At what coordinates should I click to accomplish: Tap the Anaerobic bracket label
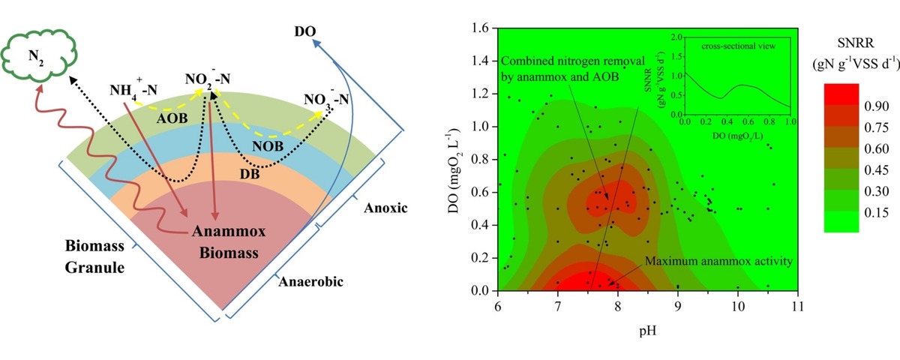tap(304, 281)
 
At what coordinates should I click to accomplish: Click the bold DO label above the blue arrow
tap(304, 32)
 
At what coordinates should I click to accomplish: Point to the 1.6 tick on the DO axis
tap(481, 27)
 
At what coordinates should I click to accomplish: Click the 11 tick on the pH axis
tap(798, 306)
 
